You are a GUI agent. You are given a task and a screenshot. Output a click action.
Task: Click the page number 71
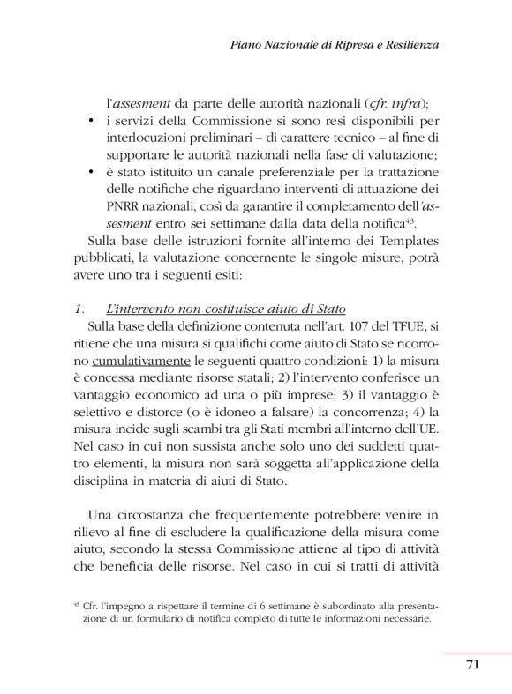[471, 664]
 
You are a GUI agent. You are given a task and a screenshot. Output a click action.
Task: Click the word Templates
[399, 240]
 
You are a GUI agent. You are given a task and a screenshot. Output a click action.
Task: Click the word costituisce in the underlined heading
[222, 309]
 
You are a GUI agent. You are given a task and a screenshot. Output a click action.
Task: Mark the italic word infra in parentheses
[402, 102]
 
